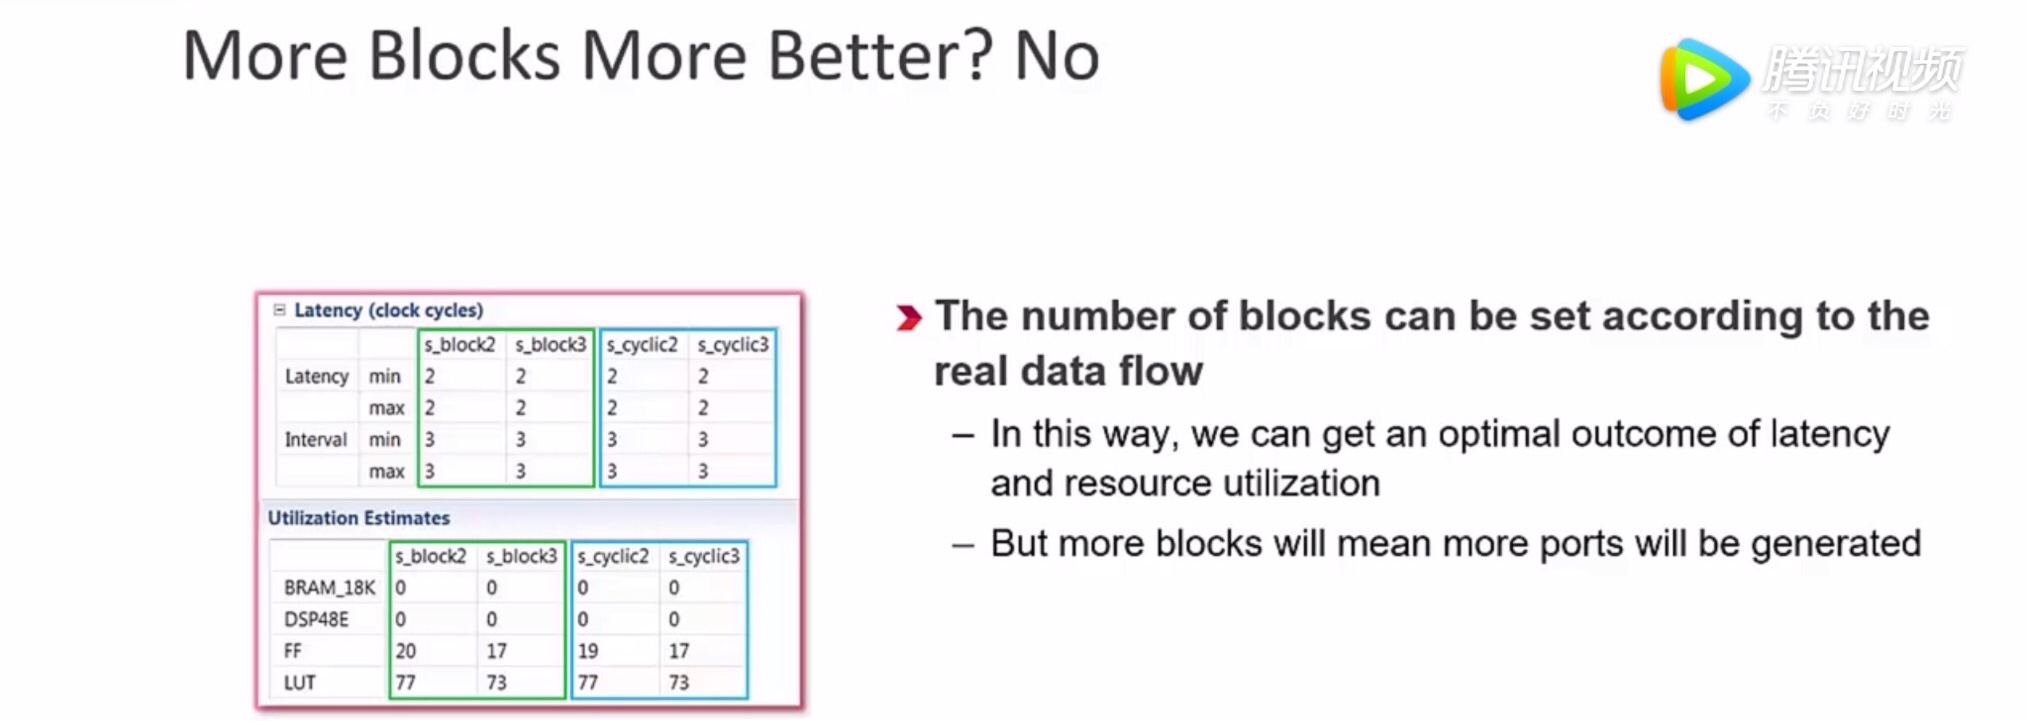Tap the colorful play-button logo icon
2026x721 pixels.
(1704, 79)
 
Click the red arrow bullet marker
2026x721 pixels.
(908, 318)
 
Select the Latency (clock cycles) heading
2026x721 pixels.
(388, 310)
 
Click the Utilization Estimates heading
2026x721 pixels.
(359, 518)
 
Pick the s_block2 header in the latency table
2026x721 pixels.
(460, 345)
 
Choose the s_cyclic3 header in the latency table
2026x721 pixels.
(733, 345)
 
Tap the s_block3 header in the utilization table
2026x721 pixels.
(522, 556)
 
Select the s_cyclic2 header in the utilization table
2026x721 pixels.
(613, 556)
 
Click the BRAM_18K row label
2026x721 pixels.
(329, 588)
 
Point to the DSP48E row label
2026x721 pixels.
(316, 620)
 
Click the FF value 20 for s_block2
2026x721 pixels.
(405, 651)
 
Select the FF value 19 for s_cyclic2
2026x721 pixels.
(587, 651)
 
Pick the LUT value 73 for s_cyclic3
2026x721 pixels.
(679, 683)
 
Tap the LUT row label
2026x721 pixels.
(299, 683)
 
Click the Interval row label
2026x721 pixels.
(315, 440)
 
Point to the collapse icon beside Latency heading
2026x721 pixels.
(280, 310)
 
